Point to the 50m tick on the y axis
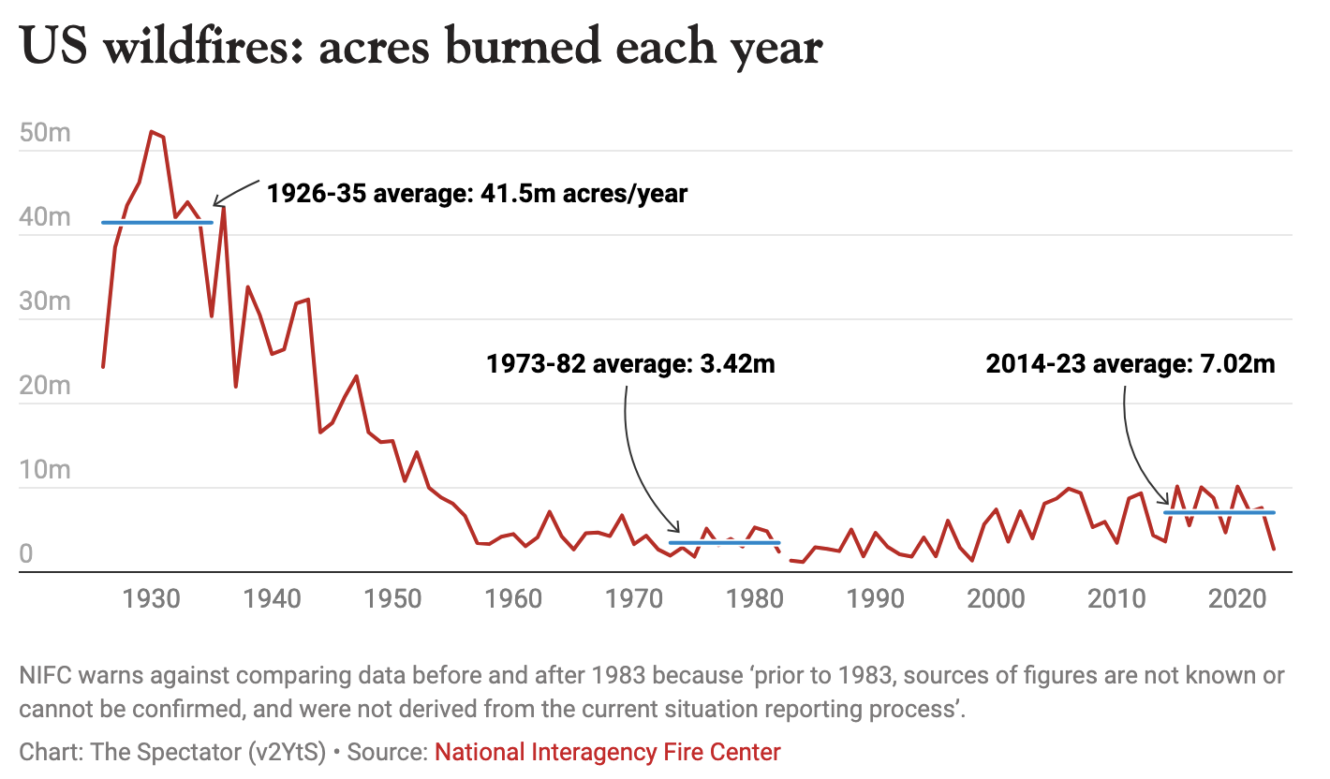[x=45, y=133]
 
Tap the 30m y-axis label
[x=45, y=301]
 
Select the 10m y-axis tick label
[x=45, y=470]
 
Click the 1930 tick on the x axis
[x=151, y=598]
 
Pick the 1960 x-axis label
[x=513, y=598]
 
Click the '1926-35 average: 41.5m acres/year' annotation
[x=477, y=194]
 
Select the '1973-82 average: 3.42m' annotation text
[x=630, y=363]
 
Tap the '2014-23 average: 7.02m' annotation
[x=1130, y=363]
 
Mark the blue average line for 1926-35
[x=157, y=222]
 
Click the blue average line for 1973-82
[x=724, y=542]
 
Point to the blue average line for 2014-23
[x=1219, y=512]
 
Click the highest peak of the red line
[x=152, y=132]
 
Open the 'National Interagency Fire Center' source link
[x=607, y=751]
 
